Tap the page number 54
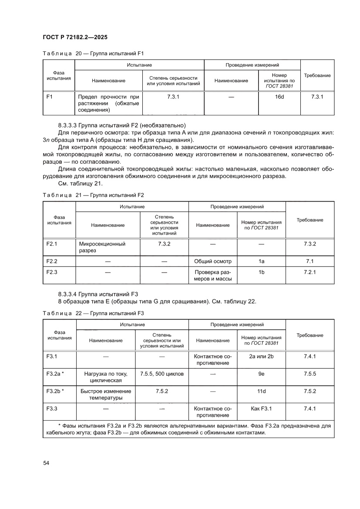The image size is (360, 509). (46, 462)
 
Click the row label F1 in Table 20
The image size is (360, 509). (49, 96)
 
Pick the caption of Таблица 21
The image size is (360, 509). (93, 196)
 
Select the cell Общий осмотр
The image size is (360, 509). (212, 261)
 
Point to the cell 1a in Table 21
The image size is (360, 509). (261, 261)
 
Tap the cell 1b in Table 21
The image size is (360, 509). (261, 272)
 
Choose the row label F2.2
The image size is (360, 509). (52, 261)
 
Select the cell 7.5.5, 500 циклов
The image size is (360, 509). (162, 374)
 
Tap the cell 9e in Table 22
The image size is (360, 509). (261, 374)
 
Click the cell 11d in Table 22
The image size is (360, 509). (261, 391)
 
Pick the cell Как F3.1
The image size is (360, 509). (261, 408)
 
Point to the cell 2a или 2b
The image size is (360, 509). (261, 356)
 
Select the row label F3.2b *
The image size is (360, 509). (55, 391)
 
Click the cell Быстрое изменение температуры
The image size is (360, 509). (106, 394)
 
